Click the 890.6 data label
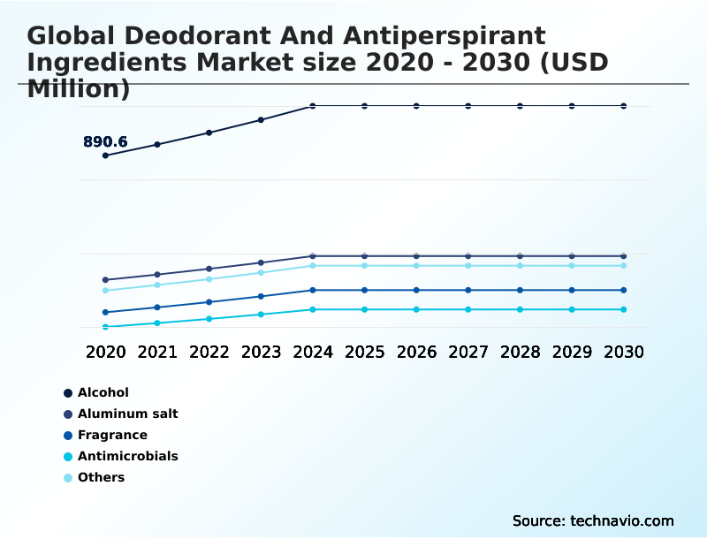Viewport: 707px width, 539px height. pos(105,141)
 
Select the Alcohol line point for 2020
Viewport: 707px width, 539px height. pos(106,156)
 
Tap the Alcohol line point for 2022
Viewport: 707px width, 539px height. pos(209,133)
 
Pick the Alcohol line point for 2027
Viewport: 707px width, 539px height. pos(468,106)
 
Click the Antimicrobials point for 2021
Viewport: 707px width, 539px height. pos(157,323)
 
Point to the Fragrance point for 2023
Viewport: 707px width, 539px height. pos(261,296)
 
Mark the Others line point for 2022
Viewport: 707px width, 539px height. pos(209,279)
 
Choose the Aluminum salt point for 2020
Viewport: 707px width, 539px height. pos(106,280)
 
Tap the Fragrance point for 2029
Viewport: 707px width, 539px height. pos(572,290)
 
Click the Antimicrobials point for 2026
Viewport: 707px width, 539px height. pos(416,309)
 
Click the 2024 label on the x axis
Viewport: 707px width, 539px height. pos(313,352)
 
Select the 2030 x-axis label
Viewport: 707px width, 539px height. pos(624,352)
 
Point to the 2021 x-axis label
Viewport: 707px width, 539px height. pos(157,352)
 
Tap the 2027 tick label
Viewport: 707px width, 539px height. pos(468,352)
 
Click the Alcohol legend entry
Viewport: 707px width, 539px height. pos(103,392)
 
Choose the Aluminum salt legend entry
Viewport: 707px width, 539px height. pos(127,414)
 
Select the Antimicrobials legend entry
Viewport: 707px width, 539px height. pos(127,456)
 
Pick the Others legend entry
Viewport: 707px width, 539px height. pos(101,477)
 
